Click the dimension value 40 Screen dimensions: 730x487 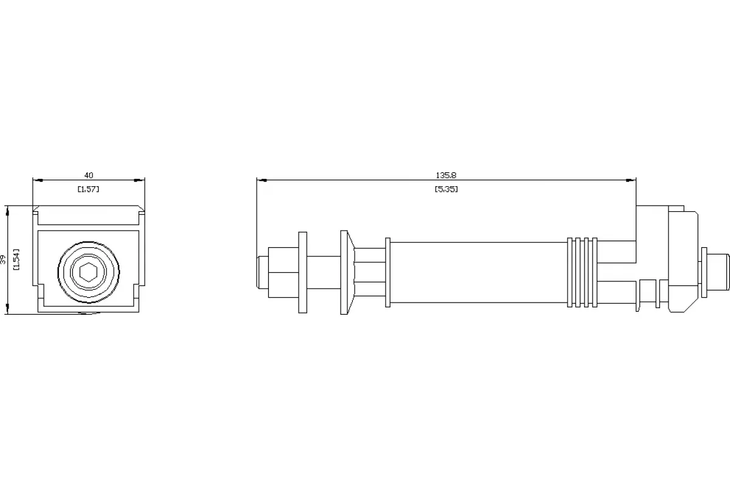tap(89, 175)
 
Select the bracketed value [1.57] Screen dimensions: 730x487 tap(88, 189)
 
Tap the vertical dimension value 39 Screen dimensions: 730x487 tap(3, 260)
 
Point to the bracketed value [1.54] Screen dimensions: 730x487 tap(16, 260)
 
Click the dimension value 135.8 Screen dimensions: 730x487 tap(446, 175)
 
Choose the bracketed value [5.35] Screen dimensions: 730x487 tap(447, 189)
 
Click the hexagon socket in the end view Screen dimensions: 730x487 tap(89, 272)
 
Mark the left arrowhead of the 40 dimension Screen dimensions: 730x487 tap(38, 180)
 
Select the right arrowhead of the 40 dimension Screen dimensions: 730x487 tap(140, 180)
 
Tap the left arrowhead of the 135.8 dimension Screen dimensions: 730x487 tap(262, 180)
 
